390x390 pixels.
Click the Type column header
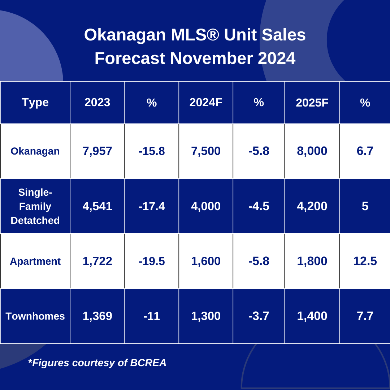[35, 103]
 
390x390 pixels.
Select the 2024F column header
[206, 103]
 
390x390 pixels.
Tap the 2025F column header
[312, 103]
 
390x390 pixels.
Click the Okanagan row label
[35, 151]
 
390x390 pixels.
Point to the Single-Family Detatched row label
[35, 206]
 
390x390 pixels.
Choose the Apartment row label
[35, 261]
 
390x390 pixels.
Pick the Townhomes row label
[35, 316]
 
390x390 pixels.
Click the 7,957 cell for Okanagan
[97, 151]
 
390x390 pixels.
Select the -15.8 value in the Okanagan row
[152, 151]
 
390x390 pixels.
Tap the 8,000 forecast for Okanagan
[312, 151]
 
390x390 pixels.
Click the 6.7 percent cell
[365, 151]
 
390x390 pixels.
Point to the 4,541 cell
[97, 206]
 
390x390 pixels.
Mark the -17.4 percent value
[152, 206]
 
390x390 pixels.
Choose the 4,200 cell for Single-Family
[312, 206]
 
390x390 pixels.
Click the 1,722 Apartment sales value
[97, 261]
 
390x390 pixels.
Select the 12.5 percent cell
[365, 261]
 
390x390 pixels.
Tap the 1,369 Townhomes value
[97, 316]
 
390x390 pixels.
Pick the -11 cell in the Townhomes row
[152, 316]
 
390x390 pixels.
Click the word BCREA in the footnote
[148, 363]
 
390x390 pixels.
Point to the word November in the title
[211, 58]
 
